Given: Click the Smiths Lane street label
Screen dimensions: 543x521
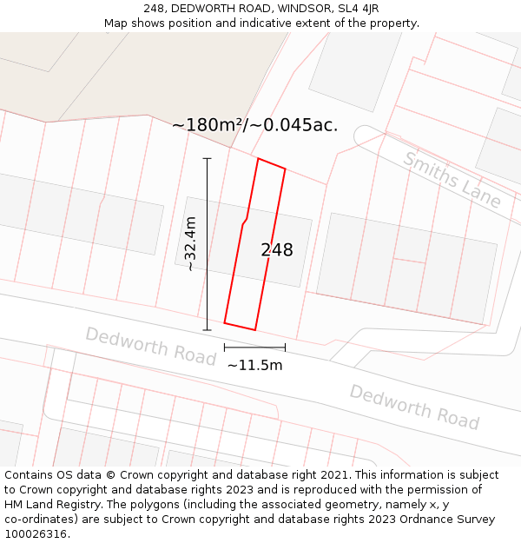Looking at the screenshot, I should click(x=452, y=180).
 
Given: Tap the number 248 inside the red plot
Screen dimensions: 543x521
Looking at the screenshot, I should click(x=277, y=250).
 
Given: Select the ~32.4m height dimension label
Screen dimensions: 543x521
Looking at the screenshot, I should click(x=191, y=244).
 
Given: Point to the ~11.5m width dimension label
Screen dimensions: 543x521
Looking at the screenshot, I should click(x=254, y=365).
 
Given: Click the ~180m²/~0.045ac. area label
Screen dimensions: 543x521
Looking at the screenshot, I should click(x=254, y=125).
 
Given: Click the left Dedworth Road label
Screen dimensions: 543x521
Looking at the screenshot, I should click(x=150, y=346).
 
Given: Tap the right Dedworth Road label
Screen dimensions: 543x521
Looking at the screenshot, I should click(x=414, y=407).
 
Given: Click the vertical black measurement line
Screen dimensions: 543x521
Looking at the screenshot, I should click(x=207, y=244).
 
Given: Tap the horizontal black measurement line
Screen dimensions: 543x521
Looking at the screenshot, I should click(x=254, y=348).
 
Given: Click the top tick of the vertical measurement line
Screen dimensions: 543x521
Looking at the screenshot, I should click(x=207, y=158).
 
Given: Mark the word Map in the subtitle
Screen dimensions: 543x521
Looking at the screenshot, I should click(x=116, y=23).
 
